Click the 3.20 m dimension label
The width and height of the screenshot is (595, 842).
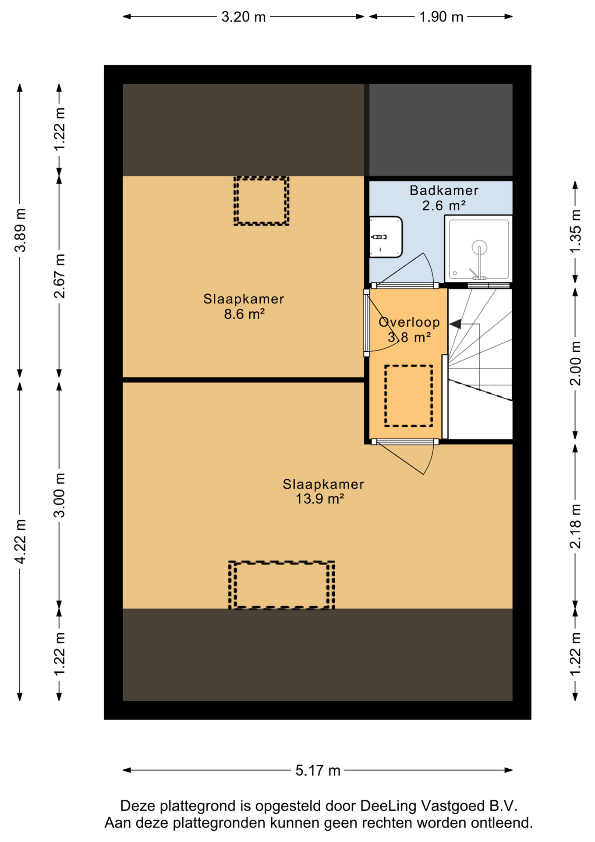pyautogui.click(x=243, y=17)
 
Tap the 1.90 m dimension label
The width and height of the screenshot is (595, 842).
pyautogui.click(x=441, y=17)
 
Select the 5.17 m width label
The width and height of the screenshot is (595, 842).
pyautogui.click(x=318, y=771)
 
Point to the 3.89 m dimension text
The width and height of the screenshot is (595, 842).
pyautogui.click(x=20, y=230)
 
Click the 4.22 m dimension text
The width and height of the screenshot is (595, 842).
pyautogui.click(x=20, y=541)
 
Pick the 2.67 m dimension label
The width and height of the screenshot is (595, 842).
pyautogui.click(x=60, y=276)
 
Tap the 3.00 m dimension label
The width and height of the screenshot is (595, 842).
pyautogui.click(x=60, y=495)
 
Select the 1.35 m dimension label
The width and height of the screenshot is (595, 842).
pyautogui.click(x=575, y=231)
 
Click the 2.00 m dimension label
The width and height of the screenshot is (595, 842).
pyautogui.click(x=575, y=364)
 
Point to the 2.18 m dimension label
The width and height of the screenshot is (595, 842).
pyautogui.click(x=575, y=526)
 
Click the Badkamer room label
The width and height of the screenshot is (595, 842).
pyautogui.click(x=444, y=190)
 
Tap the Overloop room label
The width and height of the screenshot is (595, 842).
pyautogui.click(x=409, y=322)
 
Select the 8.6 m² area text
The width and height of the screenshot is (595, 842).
pyautogui.click(x=244, y=314)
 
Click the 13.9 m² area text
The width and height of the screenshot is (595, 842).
pyautogui.click(x=320, y=499)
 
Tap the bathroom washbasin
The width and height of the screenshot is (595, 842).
pyautogui.click(x=386, y=237)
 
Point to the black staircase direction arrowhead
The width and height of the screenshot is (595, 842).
pyautogui.click(x=455, y=325)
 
